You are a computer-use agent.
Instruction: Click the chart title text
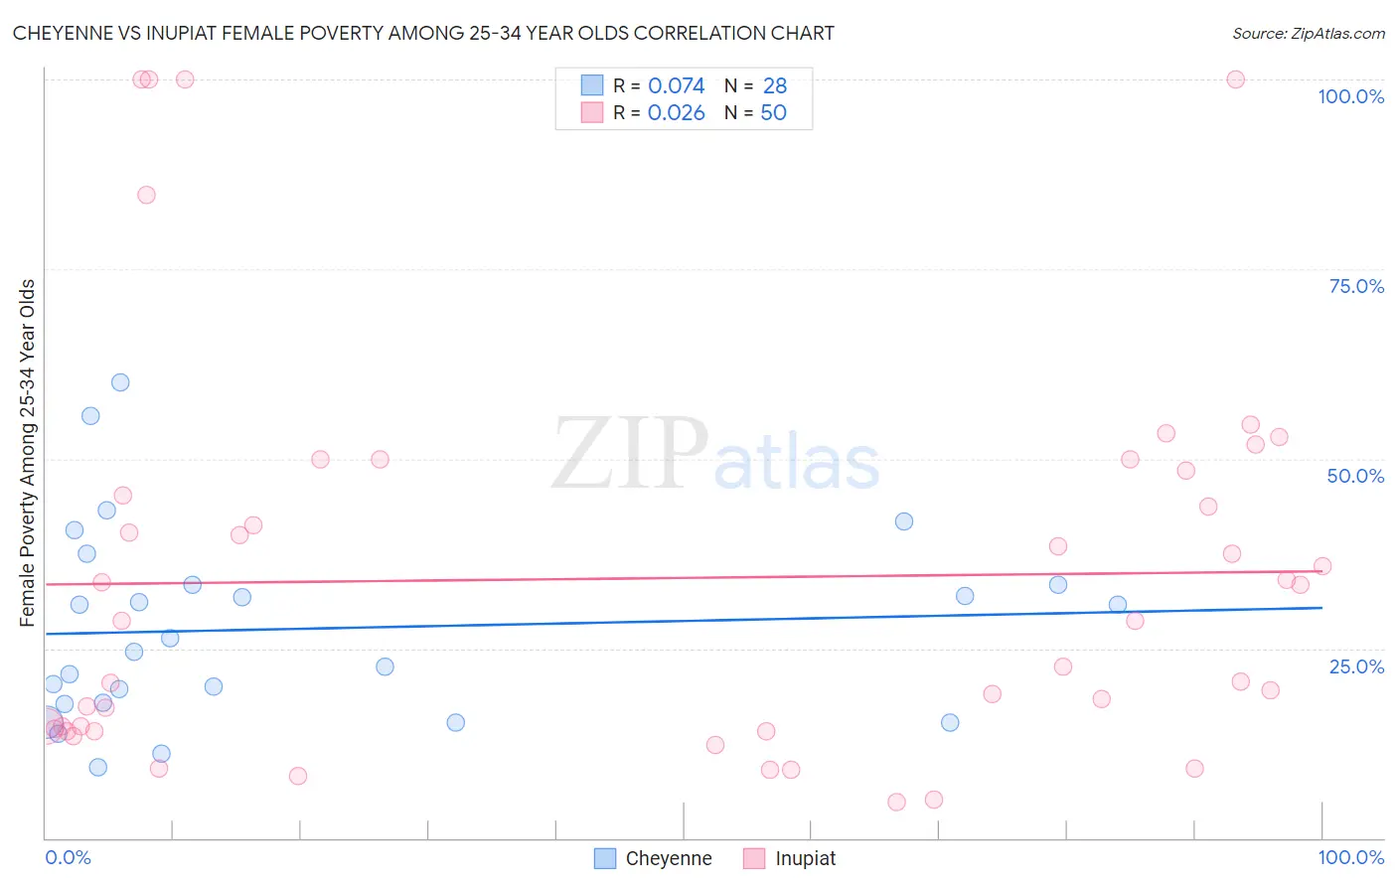point(423,33)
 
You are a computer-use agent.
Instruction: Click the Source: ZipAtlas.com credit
point(1308,33)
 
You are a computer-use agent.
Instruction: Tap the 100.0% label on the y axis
point(1350,96)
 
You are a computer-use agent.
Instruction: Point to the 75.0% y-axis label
point(1355,286)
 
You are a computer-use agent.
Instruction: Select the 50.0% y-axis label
point(1354,476)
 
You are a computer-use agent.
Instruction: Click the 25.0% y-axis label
point(1355,666)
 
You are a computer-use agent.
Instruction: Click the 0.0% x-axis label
point(68,857)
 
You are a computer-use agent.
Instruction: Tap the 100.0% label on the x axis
point(1350,857)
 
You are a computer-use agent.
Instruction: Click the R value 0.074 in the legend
point(676,86)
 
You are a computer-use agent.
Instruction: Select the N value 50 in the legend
point(773,113)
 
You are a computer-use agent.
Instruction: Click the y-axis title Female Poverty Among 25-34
point(27,453)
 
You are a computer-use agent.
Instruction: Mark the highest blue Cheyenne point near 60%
point(120,382)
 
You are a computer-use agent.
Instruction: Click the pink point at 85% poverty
point(146,195)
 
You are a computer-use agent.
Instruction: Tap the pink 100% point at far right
point(1235,79)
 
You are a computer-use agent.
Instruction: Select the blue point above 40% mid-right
point(903,521)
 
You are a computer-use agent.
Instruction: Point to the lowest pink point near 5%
point(896,802)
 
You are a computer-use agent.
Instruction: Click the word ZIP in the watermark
point(629,455)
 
